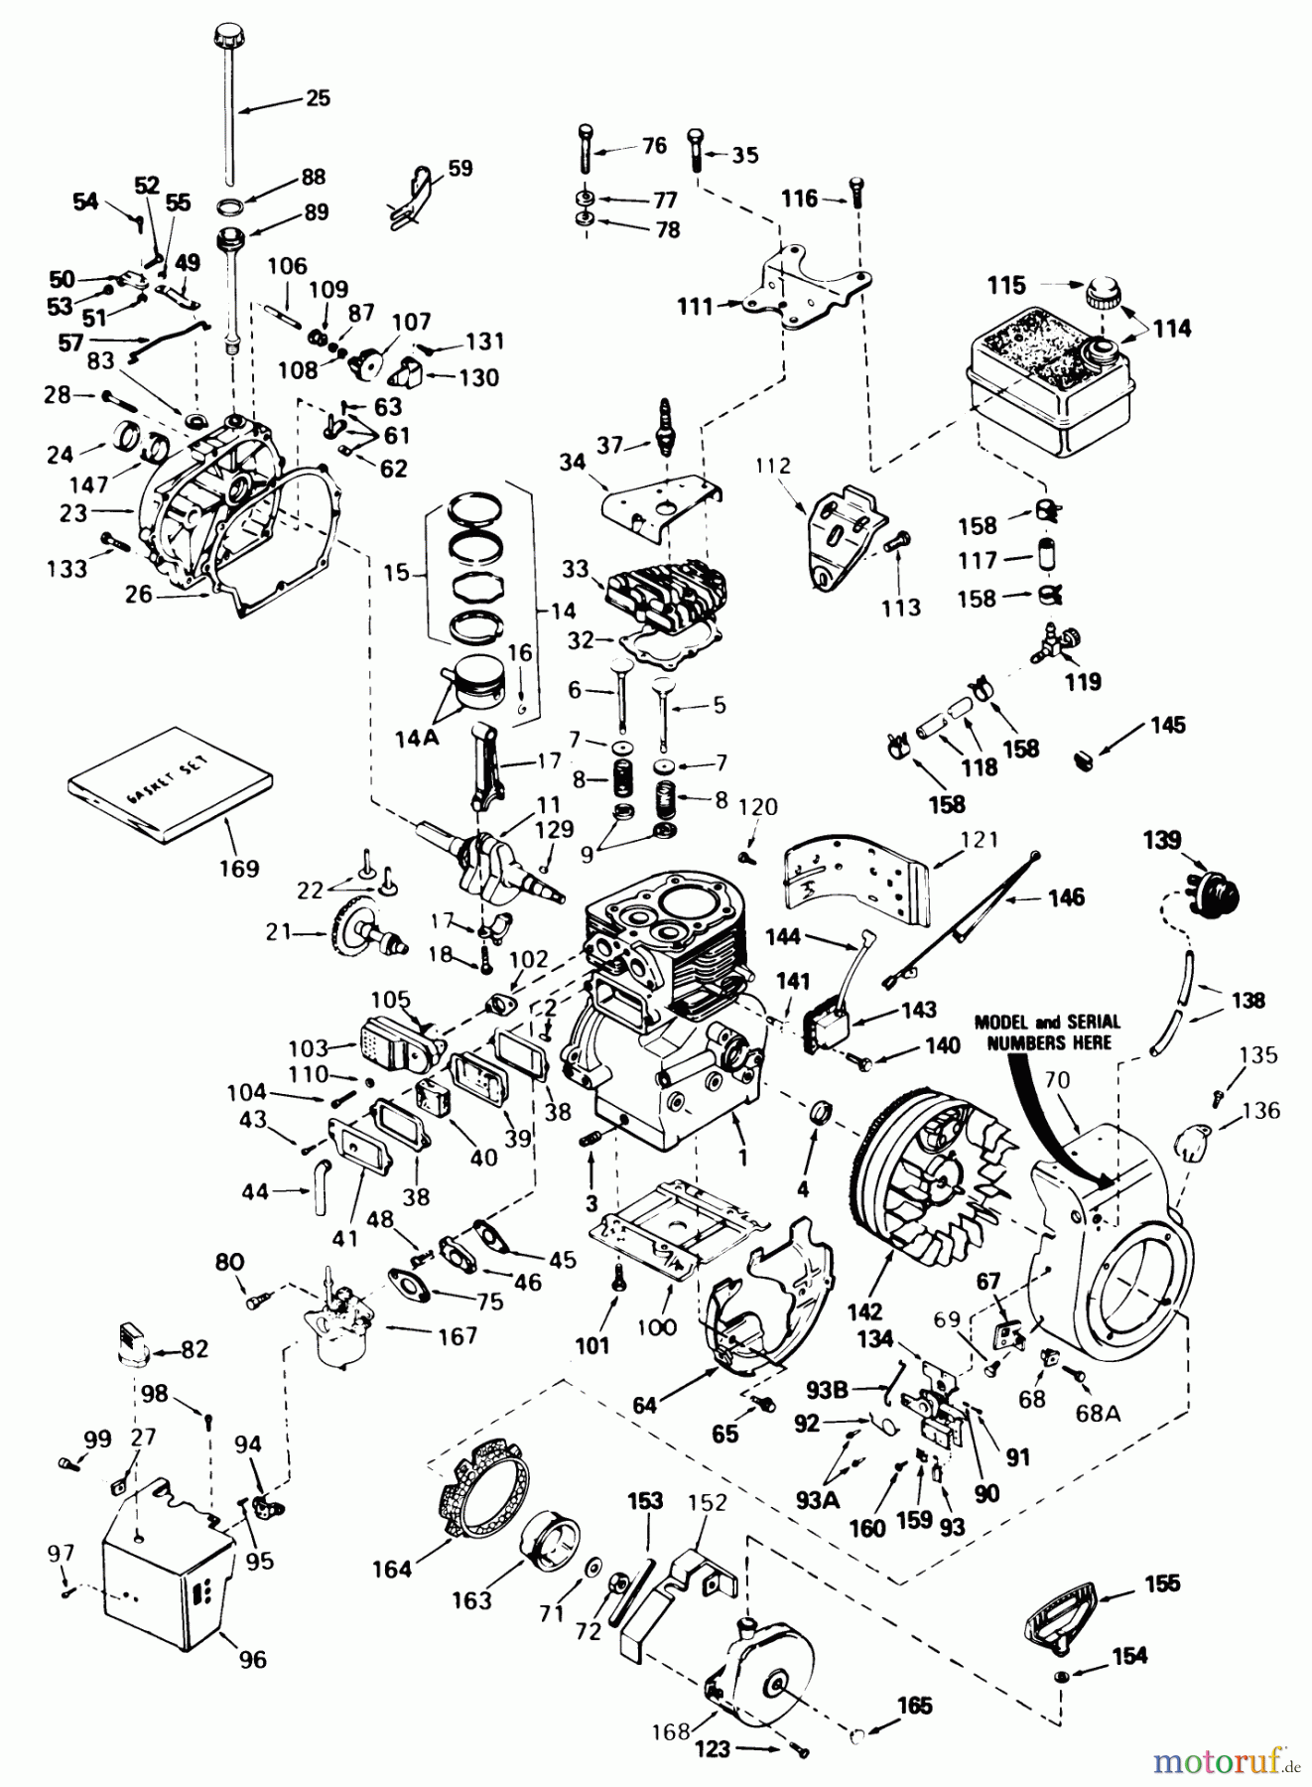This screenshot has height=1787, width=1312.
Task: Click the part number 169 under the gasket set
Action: [239, 868]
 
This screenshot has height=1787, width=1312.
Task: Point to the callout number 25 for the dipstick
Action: [318, 98]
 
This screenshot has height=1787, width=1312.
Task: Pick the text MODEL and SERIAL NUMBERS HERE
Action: [1047, 1031]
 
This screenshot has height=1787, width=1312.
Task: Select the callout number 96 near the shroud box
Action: [253, 1659]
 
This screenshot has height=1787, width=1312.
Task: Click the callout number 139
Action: [1161, 841]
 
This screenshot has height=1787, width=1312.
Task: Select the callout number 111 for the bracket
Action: [696, 307]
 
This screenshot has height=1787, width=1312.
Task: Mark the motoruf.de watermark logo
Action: [1227, 1762]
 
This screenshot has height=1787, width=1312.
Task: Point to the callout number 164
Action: [392, 1569]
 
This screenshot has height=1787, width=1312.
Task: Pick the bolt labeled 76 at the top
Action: [585, 149]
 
